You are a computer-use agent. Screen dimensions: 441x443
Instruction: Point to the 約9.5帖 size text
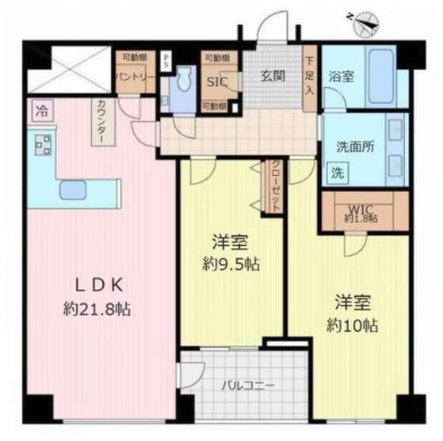(231, 264)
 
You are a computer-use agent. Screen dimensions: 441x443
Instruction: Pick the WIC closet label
(361, 210)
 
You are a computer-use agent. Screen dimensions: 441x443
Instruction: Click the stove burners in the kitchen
(42, 145)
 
